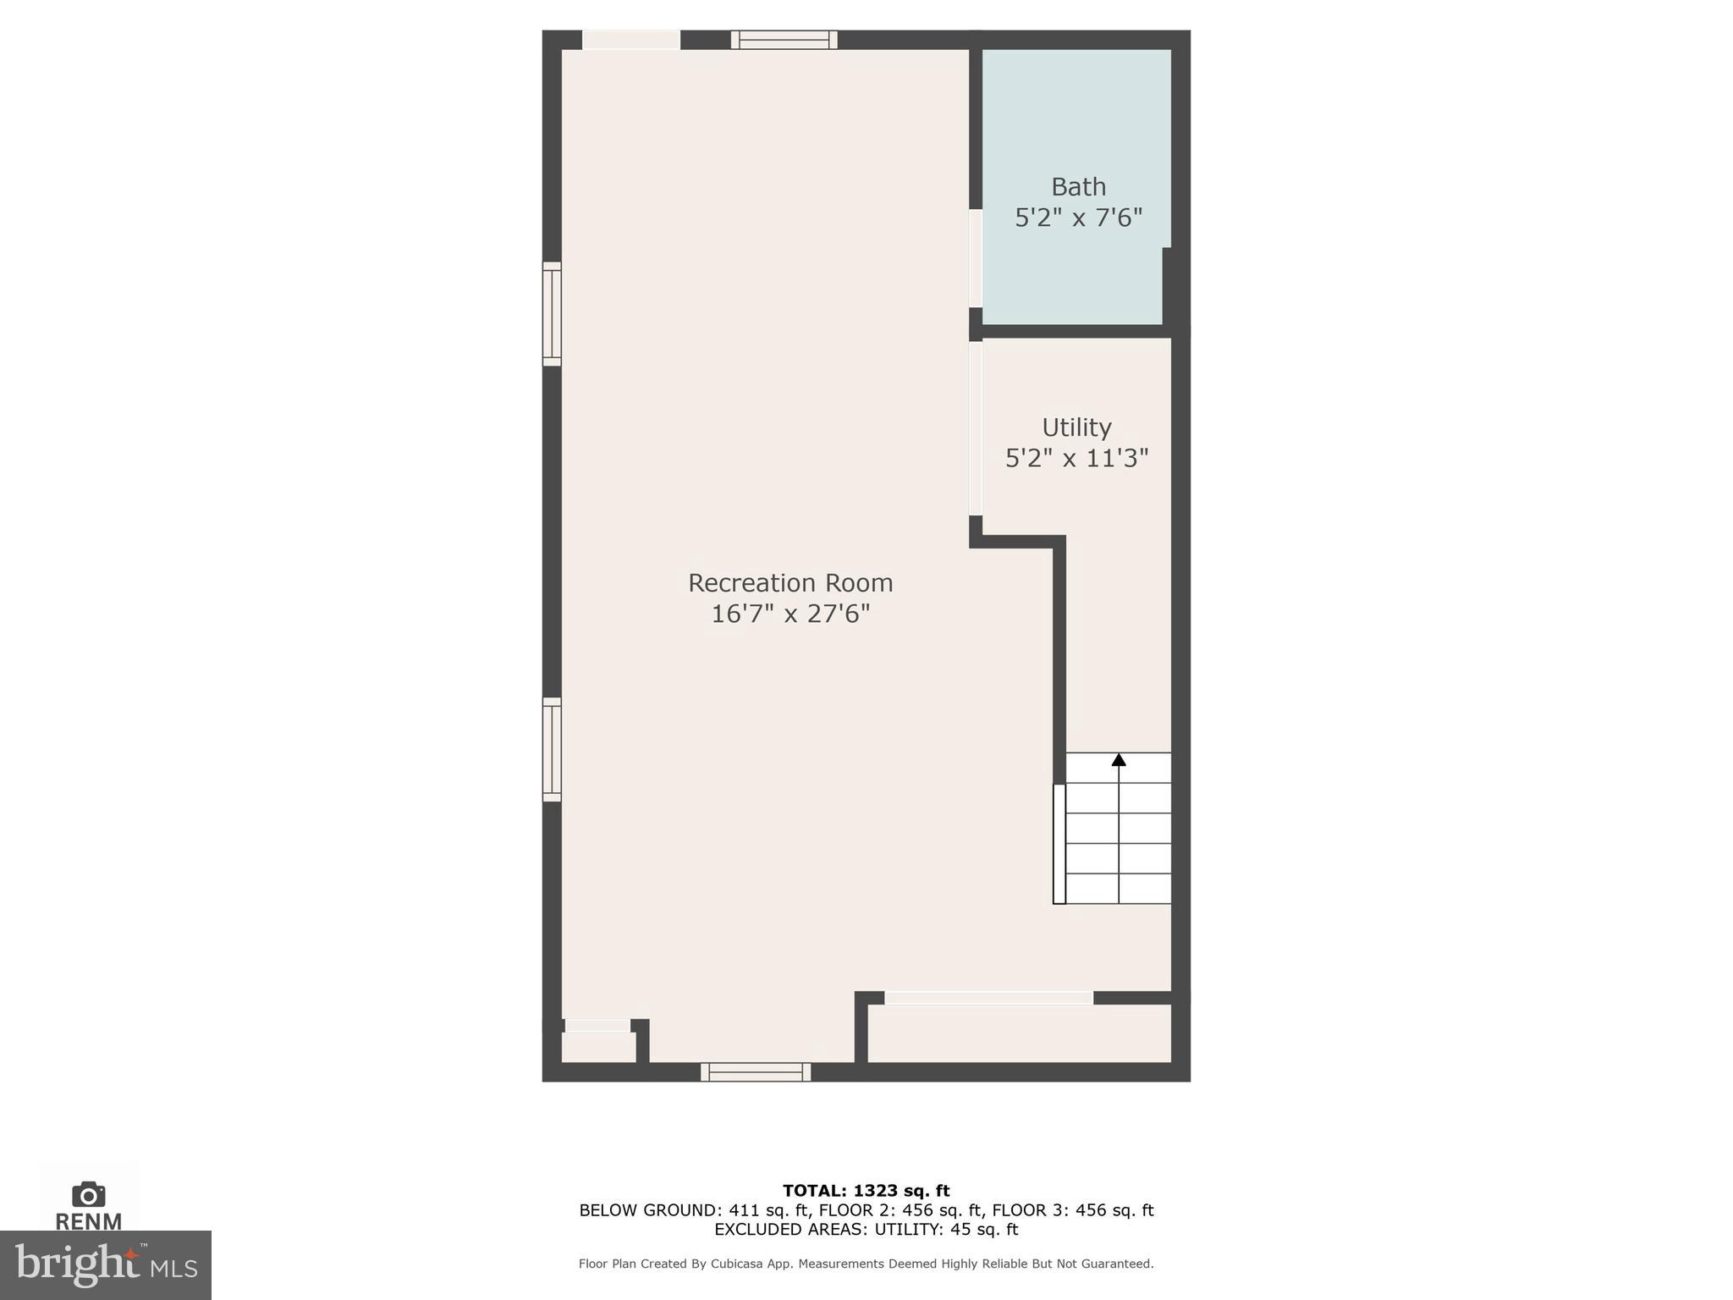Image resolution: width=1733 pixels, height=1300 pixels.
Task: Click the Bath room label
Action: tap(1078, 186)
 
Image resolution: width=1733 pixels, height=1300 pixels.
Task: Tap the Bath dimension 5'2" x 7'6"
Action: tap(1078, 218)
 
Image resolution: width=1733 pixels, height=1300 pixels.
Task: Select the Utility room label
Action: tap(1076, 427)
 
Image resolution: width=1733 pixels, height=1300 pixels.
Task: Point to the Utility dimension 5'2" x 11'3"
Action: tap(1076, 459)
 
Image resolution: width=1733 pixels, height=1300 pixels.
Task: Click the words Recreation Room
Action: tap(790, 583)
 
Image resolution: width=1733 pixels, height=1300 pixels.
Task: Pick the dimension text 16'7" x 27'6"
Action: tap(790, 614)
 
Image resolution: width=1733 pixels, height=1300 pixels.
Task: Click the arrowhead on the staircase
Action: tap(1119, 760)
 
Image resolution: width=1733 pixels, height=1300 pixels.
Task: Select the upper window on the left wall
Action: tap(552, 314)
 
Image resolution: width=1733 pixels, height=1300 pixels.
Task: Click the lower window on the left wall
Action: tap(552, 749)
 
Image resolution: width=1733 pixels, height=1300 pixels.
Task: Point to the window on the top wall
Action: tap(784, 40)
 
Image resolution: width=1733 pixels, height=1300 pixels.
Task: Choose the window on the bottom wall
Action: tap(756, 1072)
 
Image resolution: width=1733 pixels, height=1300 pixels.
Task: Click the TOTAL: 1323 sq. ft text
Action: tap(866, 1191)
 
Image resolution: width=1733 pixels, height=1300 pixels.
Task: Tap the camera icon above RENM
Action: tap(88, 1194)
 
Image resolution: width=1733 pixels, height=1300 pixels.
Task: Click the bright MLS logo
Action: tap(106, 1265)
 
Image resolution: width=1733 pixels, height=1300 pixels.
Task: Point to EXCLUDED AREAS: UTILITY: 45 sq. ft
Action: tap(866, 1230)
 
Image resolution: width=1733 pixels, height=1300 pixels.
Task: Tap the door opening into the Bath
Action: tap(976, 258)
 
